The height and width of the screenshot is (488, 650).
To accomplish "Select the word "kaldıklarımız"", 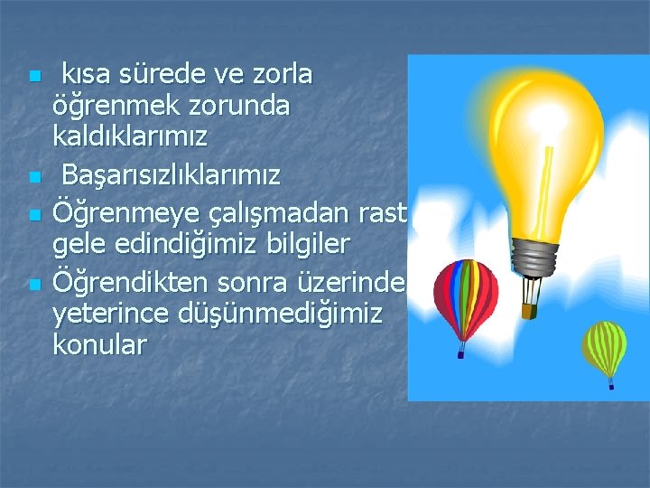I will click(131, 137).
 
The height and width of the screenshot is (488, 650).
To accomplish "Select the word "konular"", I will click(99, 345).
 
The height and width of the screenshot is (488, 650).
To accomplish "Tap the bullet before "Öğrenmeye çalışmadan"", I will click(33, 216).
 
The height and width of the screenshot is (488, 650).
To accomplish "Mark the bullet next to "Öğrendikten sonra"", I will click(33, 285).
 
